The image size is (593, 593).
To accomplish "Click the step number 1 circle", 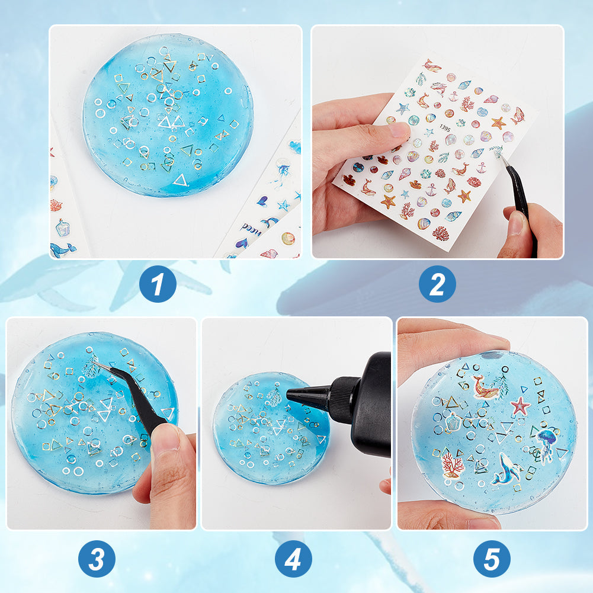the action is pos(158,284).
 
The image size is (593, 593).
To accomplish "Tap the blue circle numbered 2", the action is pos(437,284).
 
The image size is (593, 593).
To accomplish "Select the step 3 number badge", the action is pos(97,559).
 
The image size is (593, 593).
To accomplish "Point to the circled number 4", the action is pos(293,559).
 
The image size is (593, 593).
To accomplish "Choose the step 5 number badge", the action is pos(492,559).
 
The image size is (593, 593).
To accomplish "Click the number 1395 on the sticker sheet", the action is pos(445,128).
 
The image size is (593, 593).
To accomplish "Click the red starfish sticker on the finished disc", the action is pos(520,406).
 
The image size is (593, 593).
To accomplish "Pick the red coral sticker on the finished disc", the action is pos(453,465).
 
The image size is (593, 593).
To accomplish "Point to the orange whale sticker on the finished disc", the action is pos(484,387).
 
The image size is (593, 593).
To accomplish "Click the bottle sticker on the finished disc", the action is pos(453,422).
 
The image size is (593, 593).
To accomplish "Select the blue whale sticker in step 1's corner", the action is pos(62,249).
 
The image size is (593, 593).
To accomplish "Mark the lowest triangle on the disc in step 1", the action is pos(181,180).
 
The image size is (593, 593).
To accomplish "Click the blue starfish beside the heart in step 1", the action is pos(283,206).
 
